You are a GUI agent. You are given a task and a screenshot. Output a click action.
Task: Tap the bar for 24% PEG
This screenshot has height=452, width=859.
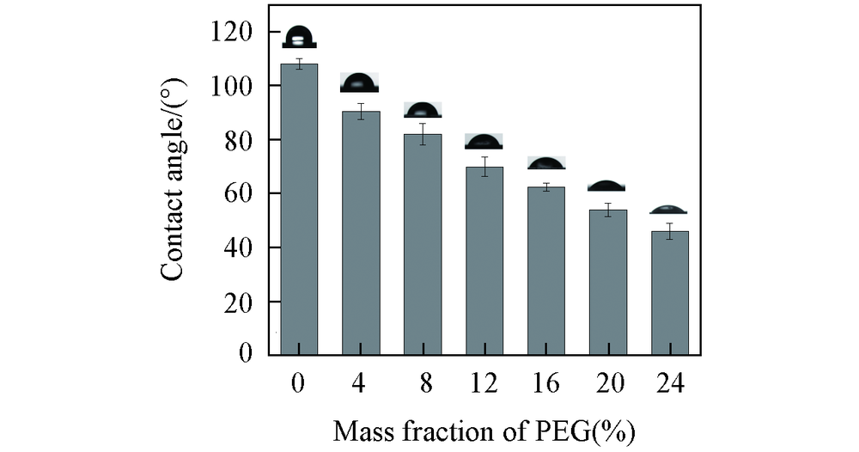(670, 293)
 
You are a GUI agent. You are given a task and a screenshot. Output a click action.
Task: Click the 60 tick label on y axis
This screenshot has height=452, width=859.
(240, 194)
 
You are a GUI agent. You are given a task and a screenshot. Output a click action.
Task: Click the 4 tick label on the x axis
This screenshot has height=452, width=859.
(359, 383)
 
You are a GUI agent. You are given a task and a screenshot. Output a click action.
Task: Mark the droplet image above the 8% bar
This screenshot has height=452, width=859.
(423, 110)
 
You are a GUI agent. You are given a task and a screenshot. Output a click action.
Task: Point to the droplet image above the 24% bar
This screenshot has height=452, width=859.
(669, 210)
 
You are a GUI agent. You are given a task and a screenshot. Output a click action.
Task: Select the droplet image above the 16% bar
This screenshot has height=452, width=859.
(546, 163)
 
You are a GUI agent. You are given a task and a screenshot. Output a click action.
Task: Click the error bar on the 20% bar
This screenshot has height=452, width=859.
(608, 210)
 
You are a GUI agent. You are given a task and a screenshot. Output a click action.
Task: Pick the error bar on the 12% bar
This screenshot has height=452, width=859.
(484, 167)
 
